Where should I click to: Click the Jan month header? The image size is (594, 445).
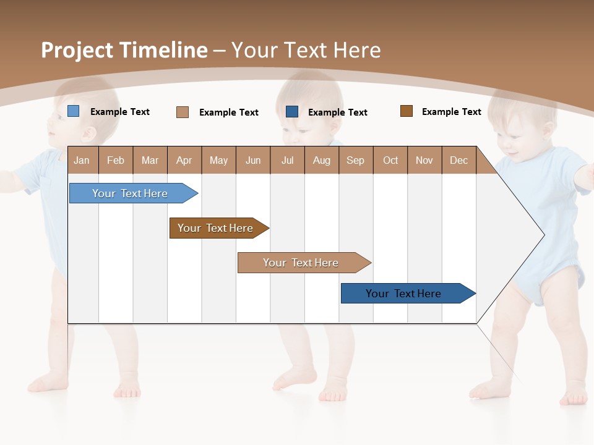pos(82,160)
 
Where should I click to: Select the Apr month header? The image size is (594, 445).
pos(184,160)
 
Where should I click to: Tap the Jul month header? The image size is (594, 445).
pos(287,160)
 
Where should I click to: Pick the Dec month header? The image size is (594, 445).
pos(458,160)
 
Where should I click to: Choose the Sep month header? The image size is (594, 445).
pos(355,160)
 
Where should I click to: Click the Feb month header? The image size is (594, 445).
pos(116,160)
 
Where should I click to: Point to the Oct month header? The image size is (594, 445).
pos(390,160)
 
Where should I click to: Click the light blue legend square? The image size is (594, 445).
pos(73,111)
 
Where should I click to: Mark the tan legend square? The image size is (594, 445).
pos(183,112)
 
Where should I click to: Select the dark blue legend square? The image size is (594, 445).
pos(292,111)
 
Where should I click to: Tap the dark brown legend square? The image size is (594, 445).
pos(406,111)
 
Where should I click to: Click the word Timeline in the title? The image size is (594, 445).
pos(163,50)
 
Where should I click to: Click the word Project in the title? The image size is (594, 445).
pos(77,50)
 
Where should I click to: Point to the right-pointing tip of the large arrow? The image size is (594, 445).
pos(543,235)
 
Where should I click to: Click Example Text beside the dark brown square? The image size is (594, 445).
pos(451,112)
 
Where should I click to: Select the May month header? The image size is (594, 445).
pos(218,160)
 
